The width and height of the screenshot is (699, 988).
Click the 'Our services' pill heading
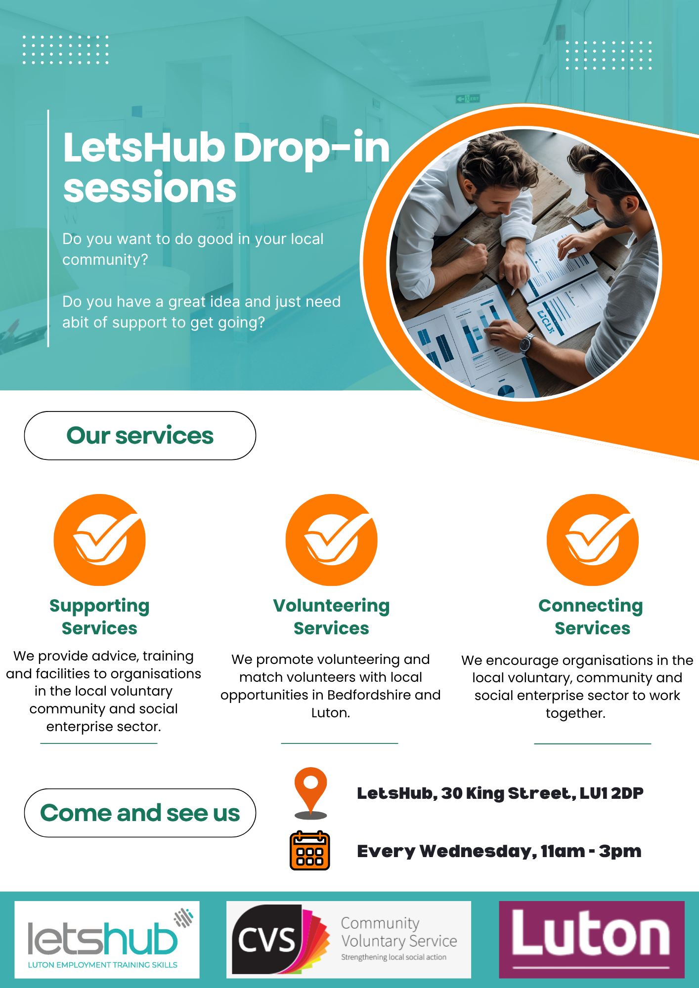[x=140, y=436]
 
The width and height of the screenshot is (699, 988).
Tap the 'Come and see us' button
[x=140, y=813]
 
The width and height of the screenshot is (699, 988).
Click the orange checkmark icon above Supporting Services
[x=99, y=540]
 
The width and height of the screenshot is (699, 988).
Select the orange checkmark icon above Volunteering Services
[x=331, y=540]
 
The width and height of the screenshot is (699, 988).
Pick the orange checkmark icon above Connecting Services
[x=592, y=540]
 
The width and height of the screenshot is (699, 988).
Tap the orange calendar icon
[x=309, y=850]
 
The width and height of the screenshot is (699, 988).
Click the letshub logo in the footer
[x=107, y=940]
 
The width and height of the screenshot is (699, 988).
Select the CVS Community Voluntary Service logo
[x=349, y=940]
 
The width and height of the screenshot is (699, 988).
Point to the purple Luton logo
[x=592, y=940]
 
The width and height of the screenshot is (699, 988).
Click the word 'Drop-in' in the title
[x=311, y=149]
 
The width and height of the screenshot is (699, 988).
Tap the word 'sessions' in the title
[x=150, y=188]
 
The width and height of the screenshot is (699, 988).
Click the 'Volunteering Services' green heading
[x=331, y=617]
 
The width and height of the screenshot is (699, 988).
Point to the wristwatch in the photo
[x=527, y=343]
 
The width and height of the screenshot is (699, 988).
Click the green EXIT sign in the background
[x=468, y=99]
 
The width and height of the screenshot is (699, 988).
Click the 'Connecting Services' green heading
[x=591, y=617]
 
